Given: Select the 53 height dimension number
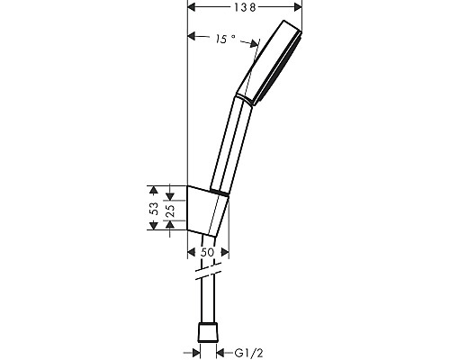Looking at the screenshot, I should click(152, 208).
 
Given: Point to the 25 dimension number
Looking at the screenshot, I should click(169, 209).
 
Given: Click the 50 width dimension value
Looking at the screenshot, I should click(207, 253).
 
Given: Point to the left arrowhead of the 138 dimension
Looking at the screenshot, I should click(190, 7).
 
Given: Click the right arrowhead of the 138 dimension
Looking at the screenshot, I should click(301, 7).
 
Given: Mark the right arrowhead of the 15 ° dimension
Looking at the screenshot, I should click(256, 43).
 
